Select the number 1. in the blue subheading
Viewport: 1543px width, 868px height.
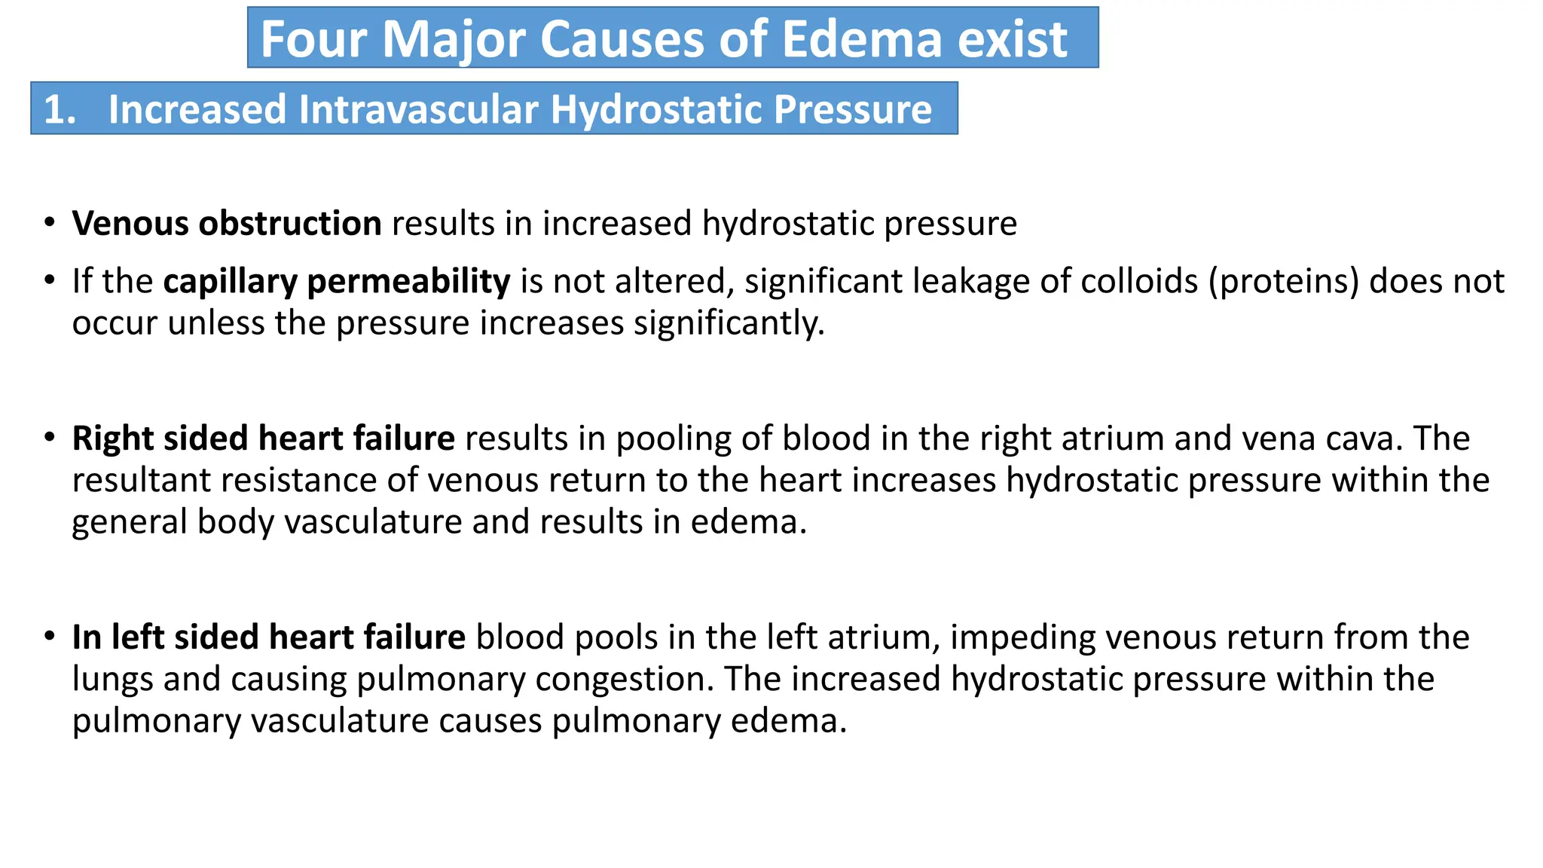60,110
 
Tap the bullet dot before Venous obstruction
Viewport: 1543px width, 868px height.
50,222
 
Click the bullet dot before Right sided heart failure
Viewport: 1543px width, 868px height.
50,437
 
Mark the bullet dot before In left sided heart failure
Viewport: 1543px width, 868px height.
50,636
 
